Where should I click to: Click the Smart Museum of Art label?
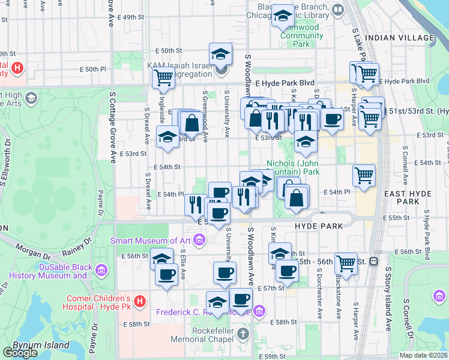152,241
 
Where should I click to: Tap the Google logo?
20,352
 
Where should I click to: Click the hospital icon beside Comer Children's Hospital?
139,300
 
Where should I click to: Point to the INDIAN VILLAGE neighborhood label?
402,38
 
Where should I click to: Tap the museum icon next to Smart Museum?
200,241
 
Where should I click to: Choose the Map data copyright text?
423,355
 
